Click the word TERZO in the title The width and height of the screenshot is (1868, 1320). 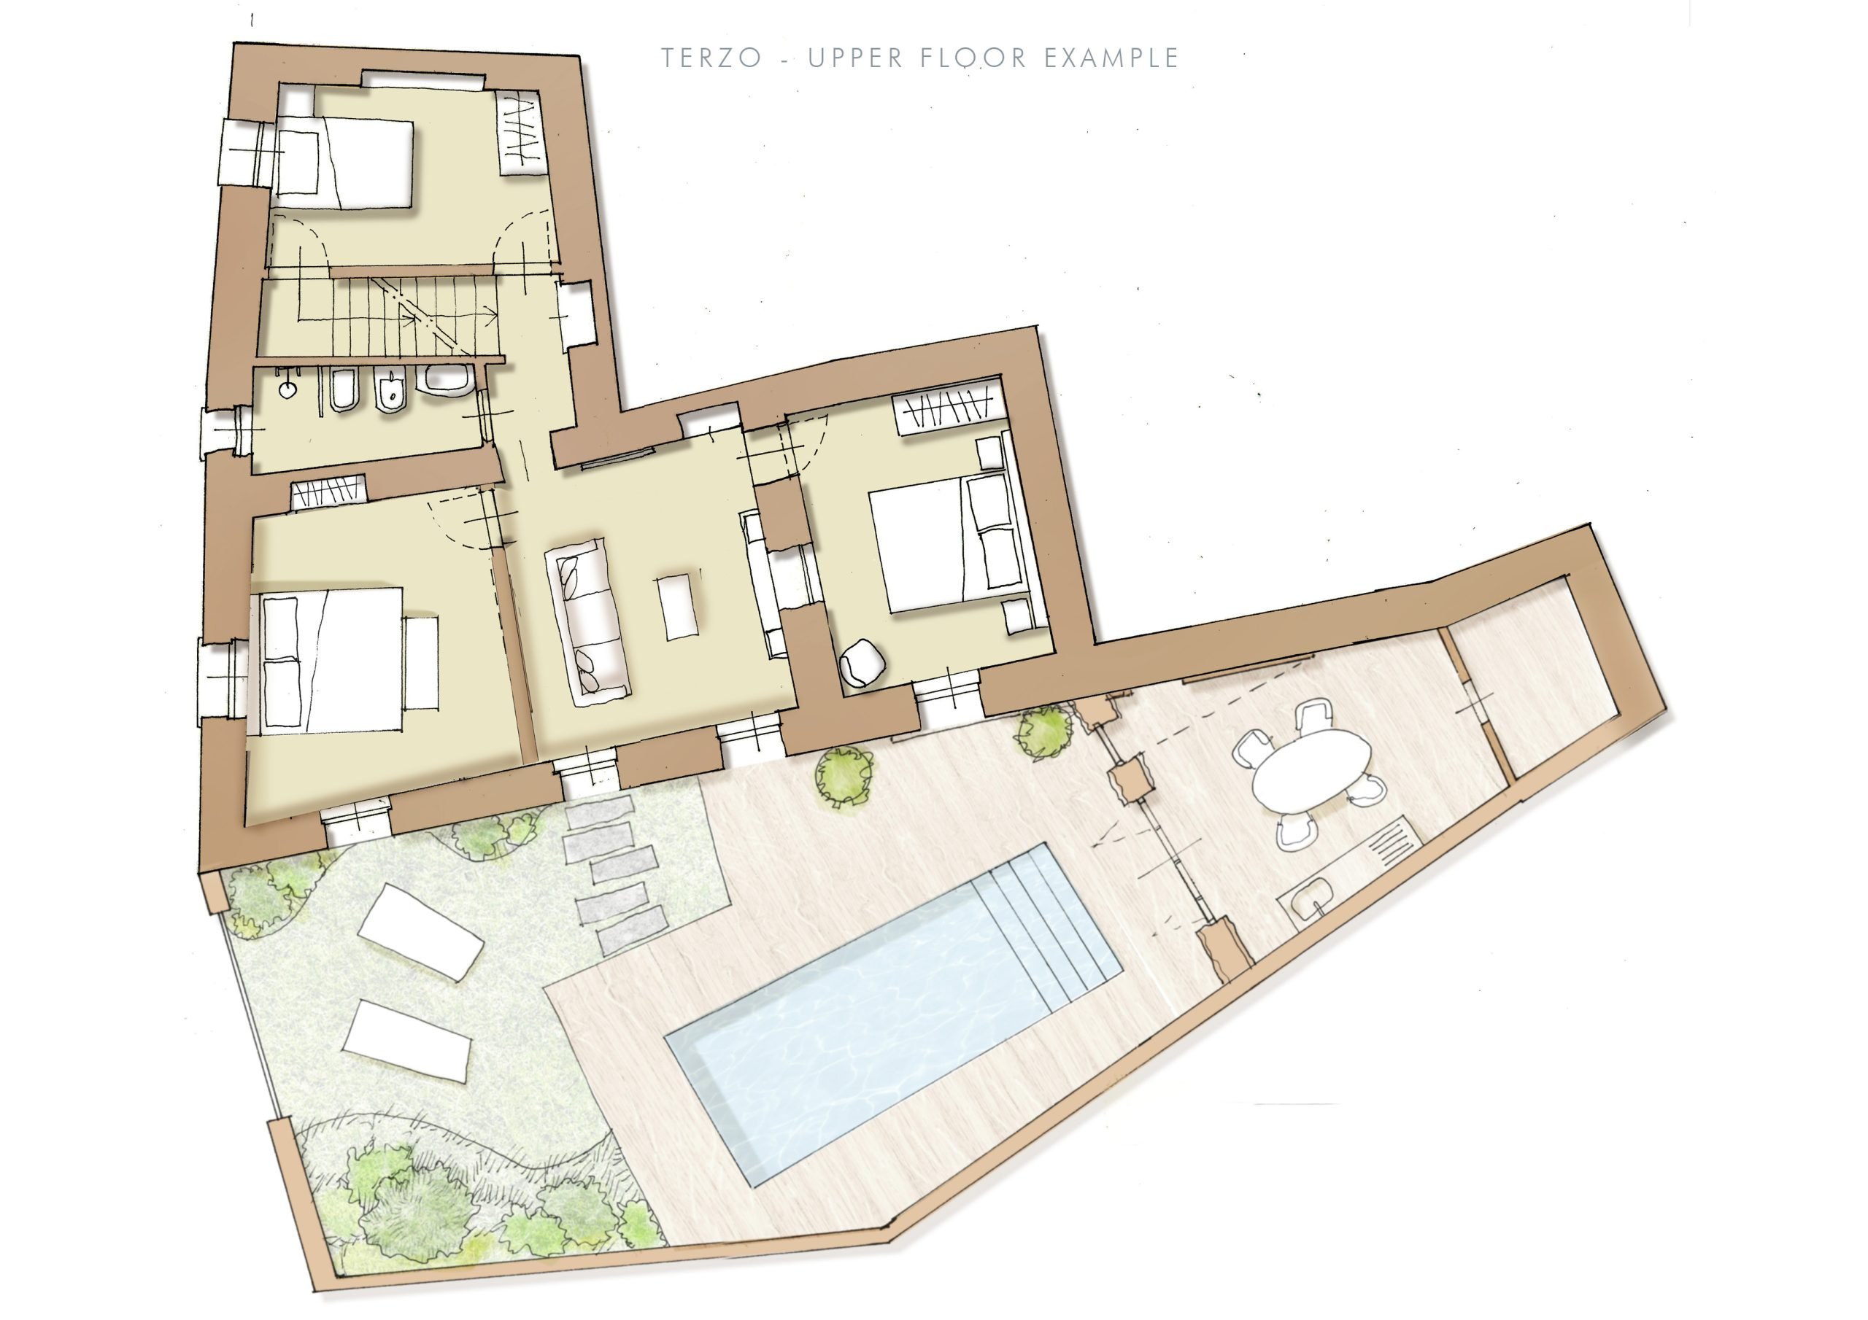[x=711, y=58]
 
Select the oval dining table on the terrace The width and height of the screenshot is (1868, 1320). [x=1311, y=769]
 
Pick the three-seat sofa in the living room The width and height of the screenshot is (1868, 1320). [x=587, y=621]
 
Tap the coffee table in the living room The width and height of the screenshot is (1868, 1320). [x=678, y=607]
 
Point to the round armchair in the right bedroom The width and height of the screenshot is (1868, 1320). [x=862, y=663]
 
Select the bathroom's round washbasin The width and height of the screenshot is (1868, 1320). [x=288, y=389]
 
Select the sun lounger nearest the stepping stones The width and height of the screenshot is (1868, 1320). [x=420, y=931]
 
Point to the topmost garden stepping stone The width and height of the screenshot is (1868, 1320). [x=600, y=812]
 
